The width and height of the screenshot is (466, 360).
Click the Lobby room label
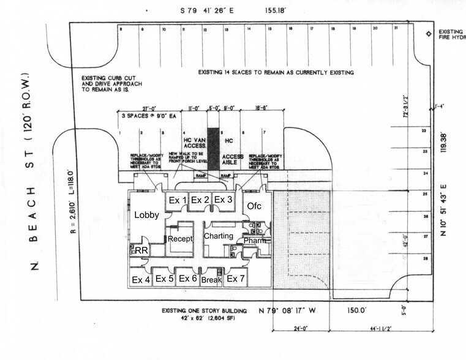pyautogui.click(x=147, y=215)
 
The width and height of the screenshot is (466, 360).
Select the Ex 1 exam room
pyautogui.click(x=177, y=200)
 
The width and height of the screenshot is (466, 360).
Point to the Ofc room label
pyautogui.click(x=254, y=206)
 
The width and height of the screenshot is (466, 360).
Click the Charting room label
pyautogui.click(x=219, y=236)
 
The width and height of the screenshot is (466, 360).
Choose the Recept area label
pyautogui.click(x=180, y=238)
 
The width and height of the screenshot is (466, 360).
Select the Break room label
pyautogui.click(x=211, y=280)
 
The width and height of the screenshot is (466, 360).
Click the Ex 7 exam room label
pyautogui.click(x=236, y=279)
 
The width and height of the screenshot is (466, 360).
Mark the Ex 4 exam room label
pyautogui.click(x=141, y=279)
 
